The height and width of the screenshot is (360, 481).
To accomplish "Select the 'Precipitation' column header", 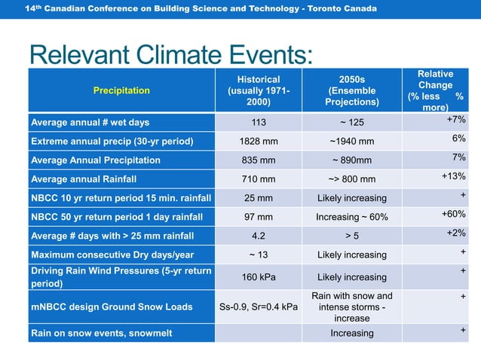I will pos(121,90).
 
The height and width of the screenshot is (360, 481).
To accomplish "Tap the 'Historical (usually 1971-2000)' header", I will pos(259,90).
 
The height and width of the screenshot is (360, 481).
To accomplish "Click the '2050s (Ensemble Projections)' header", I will pos(351,90).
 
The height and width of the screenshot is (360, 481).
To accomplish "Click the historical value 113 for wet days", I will pos(258,123).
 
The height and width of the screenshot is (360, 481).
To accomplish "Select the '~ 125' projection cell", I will pos(351,123).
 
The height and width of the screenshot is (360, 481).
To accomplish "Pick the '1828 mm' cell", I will pos(258,142).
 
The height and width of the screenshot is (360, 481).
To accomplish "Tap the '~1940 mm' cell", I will pos(351,142).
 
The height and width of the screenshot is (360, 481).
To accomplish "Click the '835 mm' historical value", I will pos(258,160).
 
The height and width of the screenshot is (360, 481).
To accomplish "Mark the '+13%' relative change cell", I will pos(453,175).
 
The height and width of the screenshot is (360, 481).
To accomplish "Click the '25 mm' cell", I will pos(258,198).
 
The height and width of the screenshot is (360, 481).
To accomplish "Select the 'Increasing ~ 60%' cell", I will pos(351,217).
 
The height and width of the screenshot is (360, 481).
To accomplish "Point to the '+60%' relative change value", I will pos(453,214).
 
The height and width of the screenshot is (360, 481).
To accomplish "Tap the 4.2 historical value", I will pos(258,236).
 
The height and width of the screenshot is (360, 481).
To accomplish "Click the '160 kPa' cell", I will pos(258,277).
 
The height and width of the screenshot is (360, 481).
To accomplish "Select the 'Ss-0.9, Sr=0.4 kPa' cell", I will pos(258,307).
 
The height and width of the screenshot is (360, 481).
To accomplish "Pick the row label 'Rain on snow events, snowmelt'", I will pos(93,332).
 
